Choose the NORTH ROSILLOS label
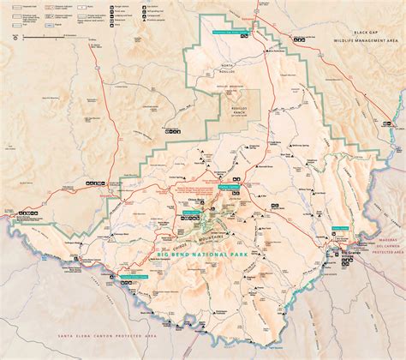coord(225,66)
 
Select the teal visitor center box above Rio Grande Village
coord(340,227)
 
